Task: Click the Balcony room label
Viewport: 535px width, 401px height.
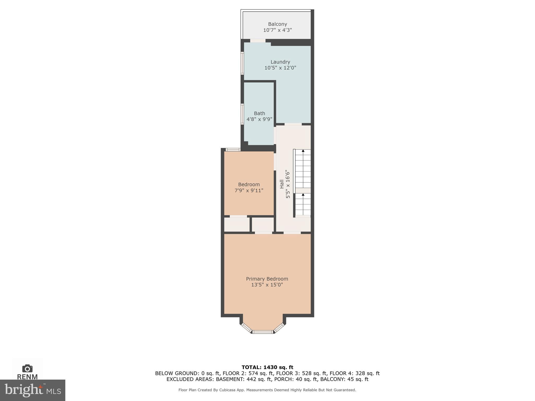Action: [x=277, y=24]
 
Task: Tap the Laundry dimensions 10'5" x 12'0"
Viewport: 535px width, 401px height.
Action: [x=280, y=68]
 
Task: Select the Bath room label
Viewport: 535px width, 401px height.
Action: [x=259, y=113]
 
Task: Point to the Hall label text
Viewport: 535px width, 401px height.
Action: [x=282, y=184]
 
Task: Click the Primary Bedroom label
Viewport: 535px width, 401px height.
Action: [x=267, y=279]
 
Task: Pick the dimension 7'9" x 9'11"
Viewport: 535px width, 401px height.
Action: [x=249, y=191]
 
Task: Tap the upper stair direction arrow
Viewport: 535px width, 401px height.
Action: [x=303, y=151]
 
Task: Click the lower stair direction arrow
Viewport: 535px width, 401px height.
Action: [x=303, y=195]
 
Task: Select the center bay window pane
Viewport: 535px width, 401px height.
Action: [x=263, y=332]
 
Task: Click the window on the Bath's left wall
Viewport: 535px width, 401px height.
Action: [x=242, y=114]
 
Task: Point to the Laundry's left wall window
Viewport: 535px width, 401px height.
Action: [x=242, y=63]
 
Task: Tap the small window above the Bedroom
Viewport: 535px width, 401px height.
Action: [x=233, y=150]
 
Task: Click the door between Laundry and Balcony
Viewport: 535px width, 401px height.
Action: [x=258, y=41]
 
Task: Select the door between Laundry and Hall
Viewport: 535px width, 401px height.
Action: [x=293, y=124]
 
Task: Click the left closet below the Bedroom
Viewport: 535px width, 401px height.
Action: [x=237, y=225]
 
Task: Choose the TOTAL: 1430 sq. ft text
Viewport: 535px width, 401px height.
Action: [x=267, y=367]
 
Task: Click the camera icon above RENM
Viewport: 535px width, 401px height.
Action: [x=27, y=368]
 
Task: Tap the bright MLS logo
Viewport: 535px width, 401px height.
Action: [x=33, y=390]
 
